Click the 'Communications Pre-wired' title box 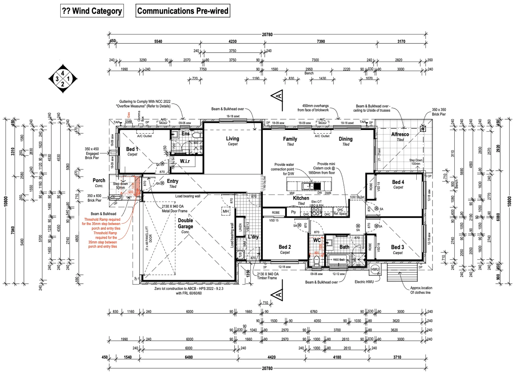(183, 11)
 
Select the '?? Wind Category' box (92, 11)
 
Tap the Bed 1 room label (132, 149)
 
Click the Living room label (232, 139)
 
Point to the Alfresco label (400, 134)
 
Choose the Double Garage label (185, 223)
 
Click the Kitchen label (301, 198)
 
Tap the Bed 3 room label (397, 247)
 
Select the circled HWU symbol (375, 269)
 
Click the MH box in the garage (226, 211)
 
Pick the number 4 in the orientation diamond (63, 73)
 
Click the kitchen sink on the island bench (308, 186)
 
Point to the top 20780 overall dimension (267, 35)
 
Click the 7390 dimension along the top (321, 42)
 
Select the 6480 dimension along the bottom (189, 357)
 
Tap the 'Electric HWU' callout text (364, 282)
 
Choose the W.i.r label (185, 161)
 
